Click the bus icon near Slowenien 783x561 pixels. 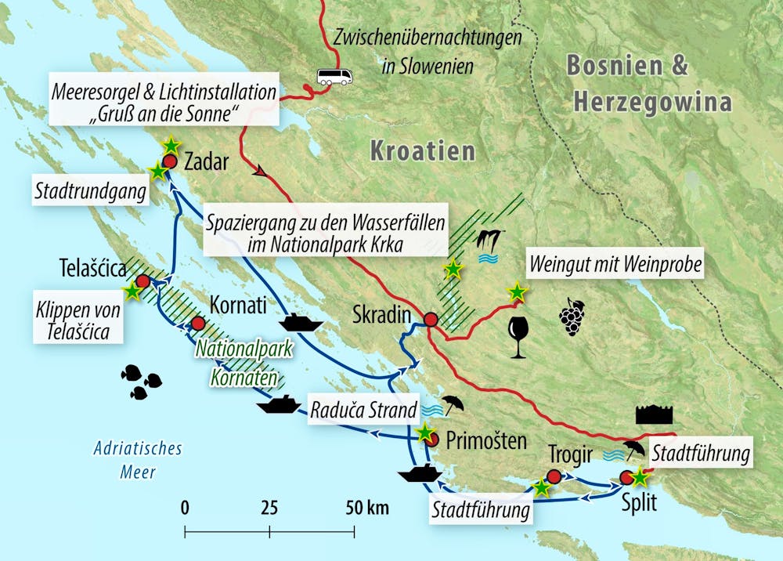pyautogui.click(x=334, y=76)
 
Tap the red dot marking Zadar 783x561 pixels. pyautogui.click(x=169, y=161)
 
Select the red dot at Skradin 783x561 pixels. pyautogui.click(x=431, y=319)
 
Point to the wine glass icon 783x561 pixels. pyautogui.click(x=518, y=337)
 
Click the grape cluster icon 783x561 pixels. pyautogui.click(x=571, y=317)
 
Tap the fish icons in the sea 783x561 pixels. pyautogui.click(x=141, y=381)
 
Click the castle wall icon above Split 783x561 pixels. pyautogui.click(x=655, y=414)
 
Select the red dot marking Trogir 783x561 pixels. pyautogui.click(x=554, y=476)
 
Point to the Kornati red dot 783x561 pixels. pyautogui.click(x=198, y=323)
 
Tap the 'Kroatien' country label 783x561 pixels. pyautogui.click(x=423, y=150)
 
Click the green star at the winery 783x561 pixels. pyautogui.click(x=517, y=292)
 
